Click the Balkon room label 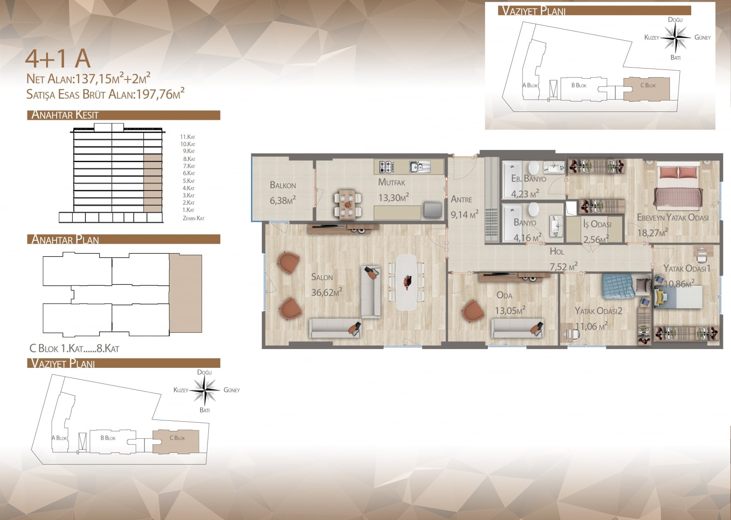coord(283,186)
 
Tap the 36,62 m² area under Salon coord(327,292)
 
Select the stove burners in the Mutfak coord(386,166)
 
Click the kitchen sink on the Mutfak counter coord(420,167)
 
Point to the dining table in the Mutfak coord(347,204)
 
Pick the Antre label coord(461,199)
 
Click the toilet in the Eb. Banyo coord(534,167)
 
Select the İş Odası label coord(597,224)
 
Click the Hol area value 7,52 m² coord(564,267)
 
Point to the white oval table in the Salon coord(406,282)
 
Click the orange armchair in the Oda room coord(474,312)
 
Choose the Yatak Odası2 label coord(598,311)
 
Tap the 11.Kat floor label coord(188,137)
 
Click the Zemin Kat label coord(194,218)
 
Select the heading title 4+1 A coord(58,58)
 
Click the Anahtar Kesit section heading coord(65,115)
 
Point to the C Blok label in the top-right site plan coord(648,85)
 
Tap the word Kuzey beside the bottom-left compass coord(181,390)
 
